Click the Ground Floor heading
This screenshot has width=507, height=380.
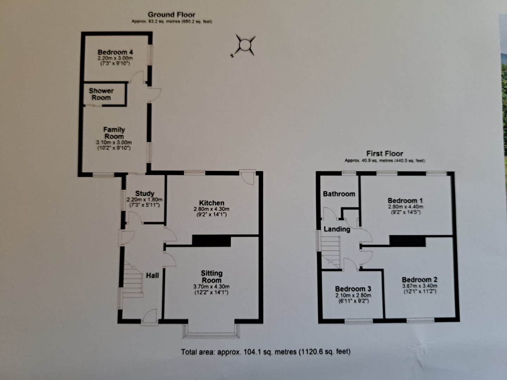[x=171, y=15]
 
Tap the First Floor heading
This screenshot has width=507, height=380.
[x=384, y=153]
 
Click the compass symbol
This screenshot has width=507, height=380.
[x=244, y=45]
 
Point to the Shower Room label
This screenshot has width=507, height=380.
[x=101, y=94]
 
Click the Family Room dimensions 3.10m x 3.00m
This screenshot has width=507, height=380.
[x=114, y=143]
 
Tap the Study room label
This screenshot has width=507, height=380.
[x=145, y=194]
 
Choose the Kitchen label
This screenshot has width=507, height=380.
[x=212, y=203]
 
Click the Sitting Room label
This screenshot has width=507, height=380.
[x=212, y=277]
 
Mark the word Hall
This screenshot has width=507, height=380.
[x=152, y=275]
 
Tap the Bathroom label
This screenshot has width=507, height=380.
[x=339, y=194]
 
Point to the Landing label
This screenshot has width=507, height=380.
[x=337, y=229]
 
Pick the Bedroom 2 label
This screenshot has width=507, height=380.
[x=420, y=280]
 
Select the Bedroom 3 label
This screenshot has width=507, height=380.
[x=353, y=289]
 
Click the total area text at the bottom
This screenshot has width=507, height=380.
[x=266, y=351]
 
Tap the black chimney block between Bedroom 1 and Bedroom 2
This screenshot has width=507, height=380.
[x=407, y=241]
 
